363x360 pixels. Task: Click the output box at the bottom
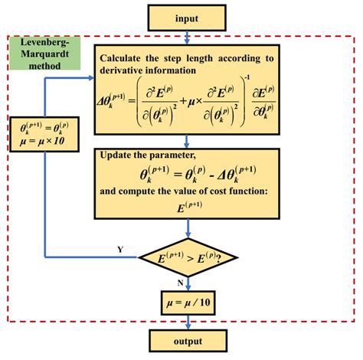click(x=187, y=341)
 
